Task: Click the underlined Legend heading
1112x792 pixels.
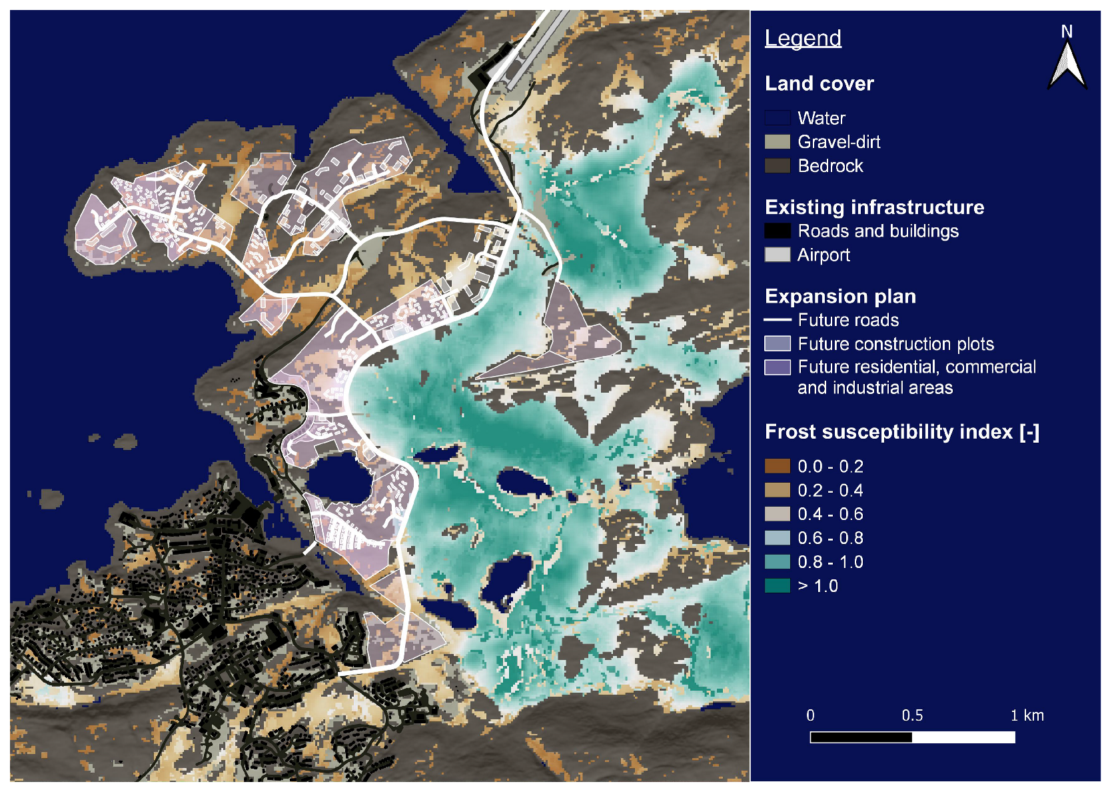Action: pos(802,38)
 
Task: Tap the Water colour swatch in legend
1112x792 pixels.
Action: pos(777,118)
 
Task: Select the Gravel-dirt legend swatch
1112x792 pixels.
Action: pos(777,142)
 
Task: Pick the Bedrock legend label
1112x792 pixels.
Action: pos(830,166)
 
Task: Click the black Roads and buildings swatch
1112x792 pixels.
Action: pos(777,231)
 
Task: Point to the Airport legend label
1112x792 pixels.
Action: pos(824,255)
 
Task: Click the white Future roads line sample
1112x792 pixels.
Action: pos(777,321)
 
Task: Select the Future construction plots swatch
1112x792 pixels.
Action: pos(777,344)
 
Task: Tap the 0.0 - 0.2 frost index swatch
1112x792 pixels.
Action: pos(777,466)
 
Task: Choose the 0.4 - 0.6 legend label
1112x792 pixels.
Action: pos(830,514)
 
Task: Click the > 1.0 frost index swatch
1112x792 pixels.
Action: pos(777,586)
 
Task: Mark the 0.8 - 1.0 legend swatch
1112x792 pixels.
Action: pos(777,562)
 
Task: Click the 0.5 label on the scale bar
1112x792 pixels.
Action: pos(912,715)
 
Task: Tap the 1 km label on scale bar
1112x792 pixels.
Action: pos(1027,715)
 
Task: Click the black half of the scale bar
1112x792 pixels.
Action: pos(861,737)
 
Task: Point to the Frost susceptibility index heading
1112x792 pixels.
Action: pos(901,432)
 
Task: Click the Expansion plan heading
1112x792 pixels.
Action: pos(840,296)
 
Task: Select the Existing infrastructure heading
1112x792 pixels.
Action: pos(874,207)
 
